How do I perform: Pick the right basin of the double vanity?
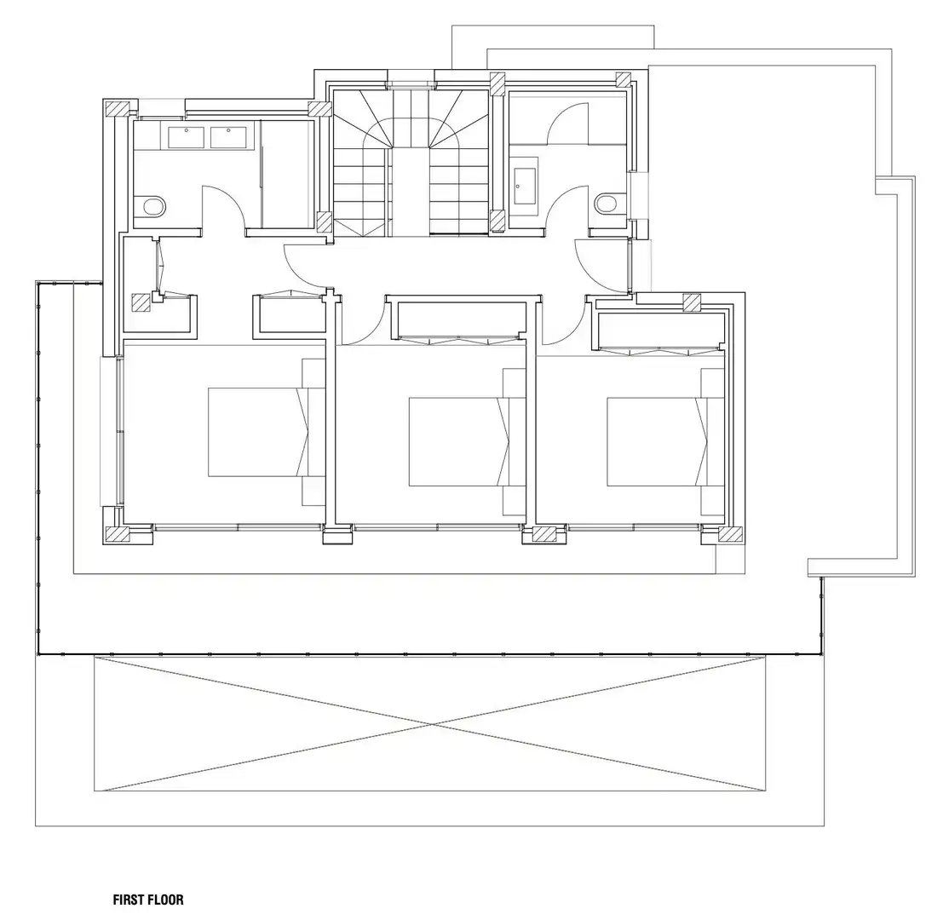click(x=228, y=138)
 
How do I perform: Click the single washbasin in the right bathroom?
click(x=525, y=186)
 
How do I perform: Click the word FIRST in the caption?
click(x=128, y=900)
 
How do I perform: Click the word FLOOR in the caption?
click(x=165, y=900)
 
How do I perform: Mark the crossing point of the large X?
click(x=430, y=723)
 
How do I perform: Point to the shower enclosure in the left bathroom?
click(x=287, y=174)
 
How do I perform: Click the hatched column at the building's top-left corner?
click(x=118, y=108)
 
